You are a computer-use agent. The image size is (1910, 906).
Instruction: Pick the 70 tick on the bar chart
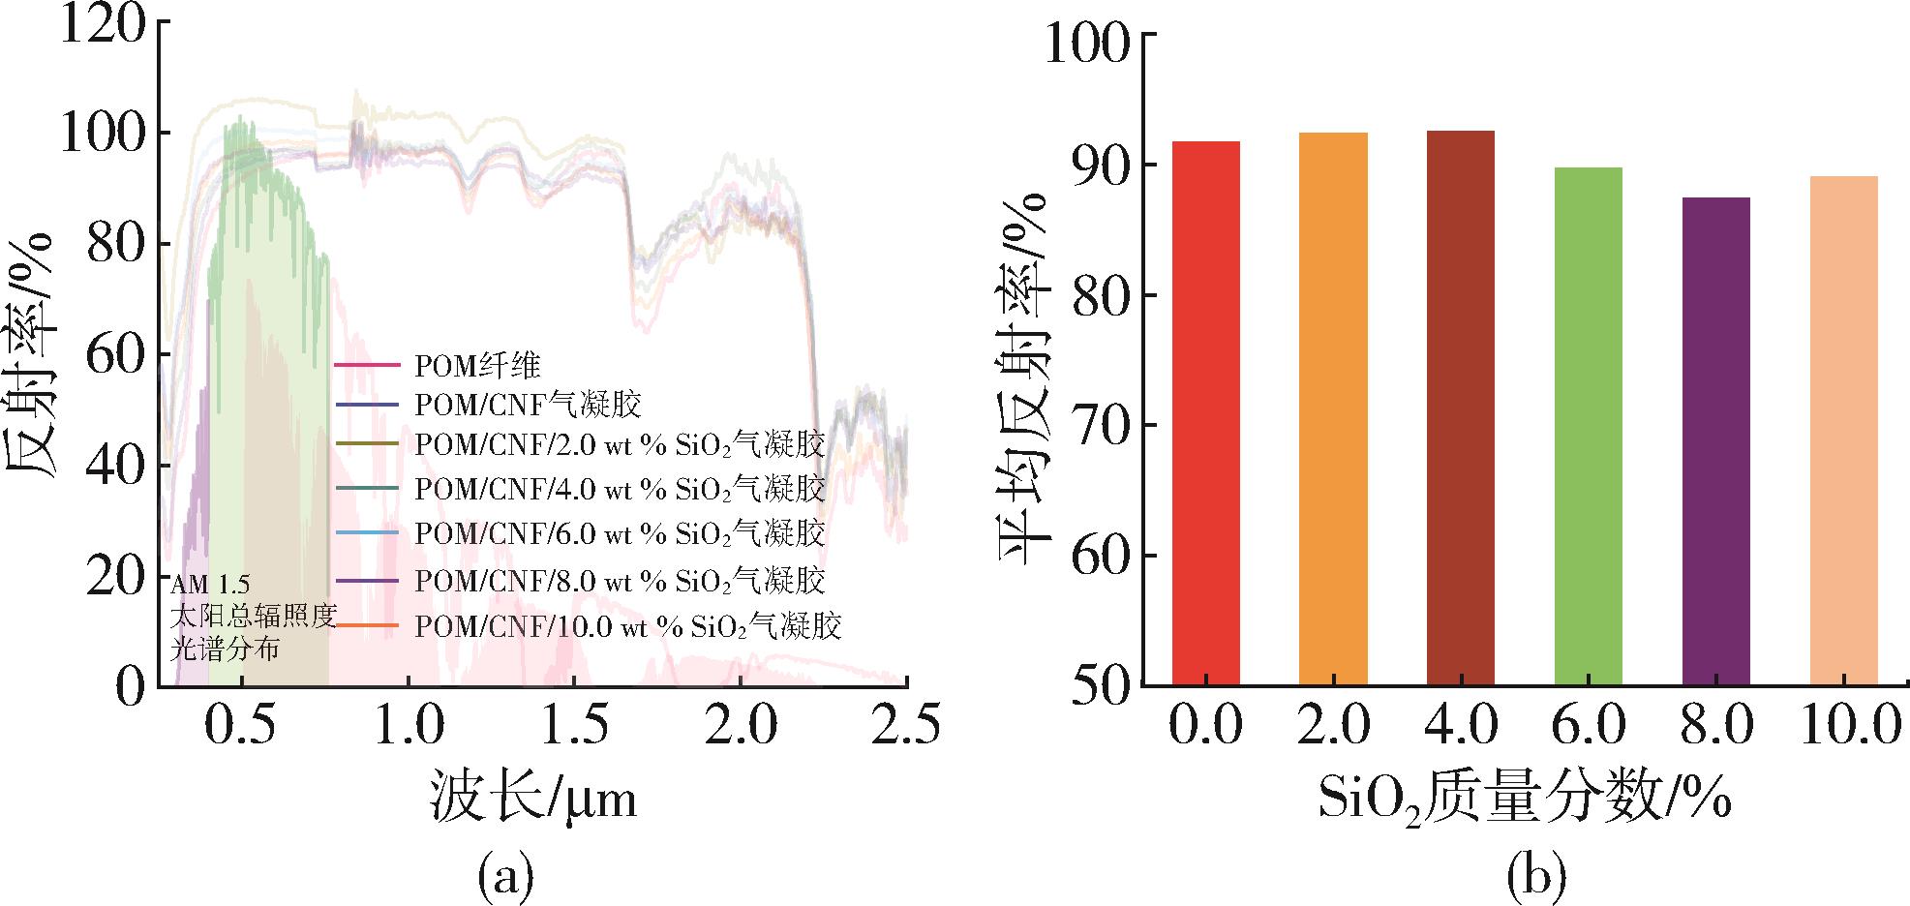(1101, 425)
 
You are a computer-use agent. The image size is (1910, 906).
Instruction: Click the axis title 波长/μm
(533, 800)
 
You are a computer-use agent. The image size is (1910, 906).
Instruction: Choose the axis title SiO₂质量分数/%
(1523, 800)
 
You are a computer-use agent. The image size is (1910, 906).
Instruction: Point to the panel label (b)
(1536, 876)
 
